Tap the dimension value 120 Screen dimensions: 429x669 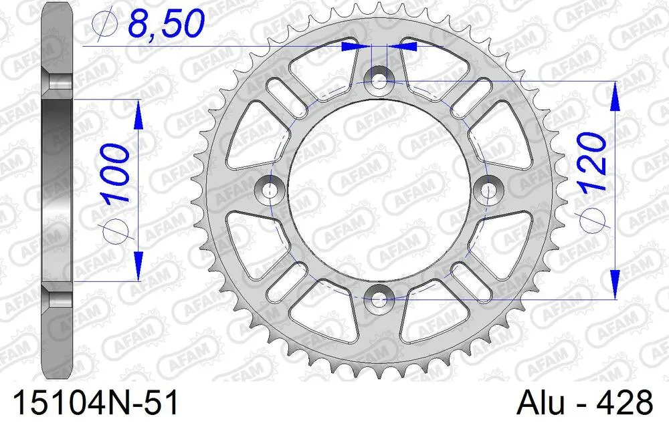click(591, 160)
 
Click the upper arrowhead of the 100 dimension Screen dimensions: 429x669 click(138, 114)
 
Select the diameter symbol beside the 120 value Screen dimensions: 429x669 click(591, 218)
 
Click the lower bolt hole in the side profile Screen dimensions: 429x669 click(59, 295)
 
